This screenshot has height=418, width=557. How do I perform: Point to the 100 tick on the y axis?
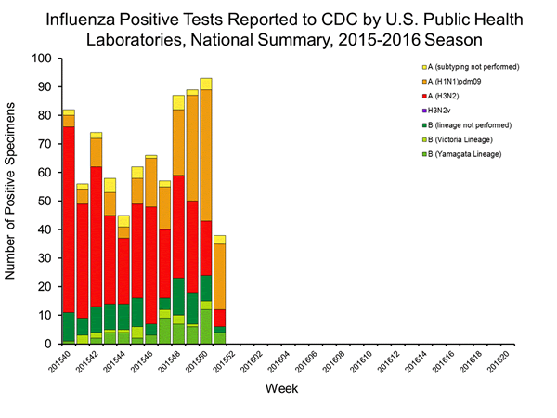(x=41, y=58)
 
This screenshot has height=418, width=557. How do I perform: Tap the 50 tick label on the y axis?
(x=44, y=201)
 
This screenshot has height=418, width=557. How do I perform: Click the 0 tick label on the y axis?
(x=47, y=344)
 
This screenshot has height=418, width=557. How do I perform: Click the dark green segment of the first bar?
(x=68, y=327)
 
